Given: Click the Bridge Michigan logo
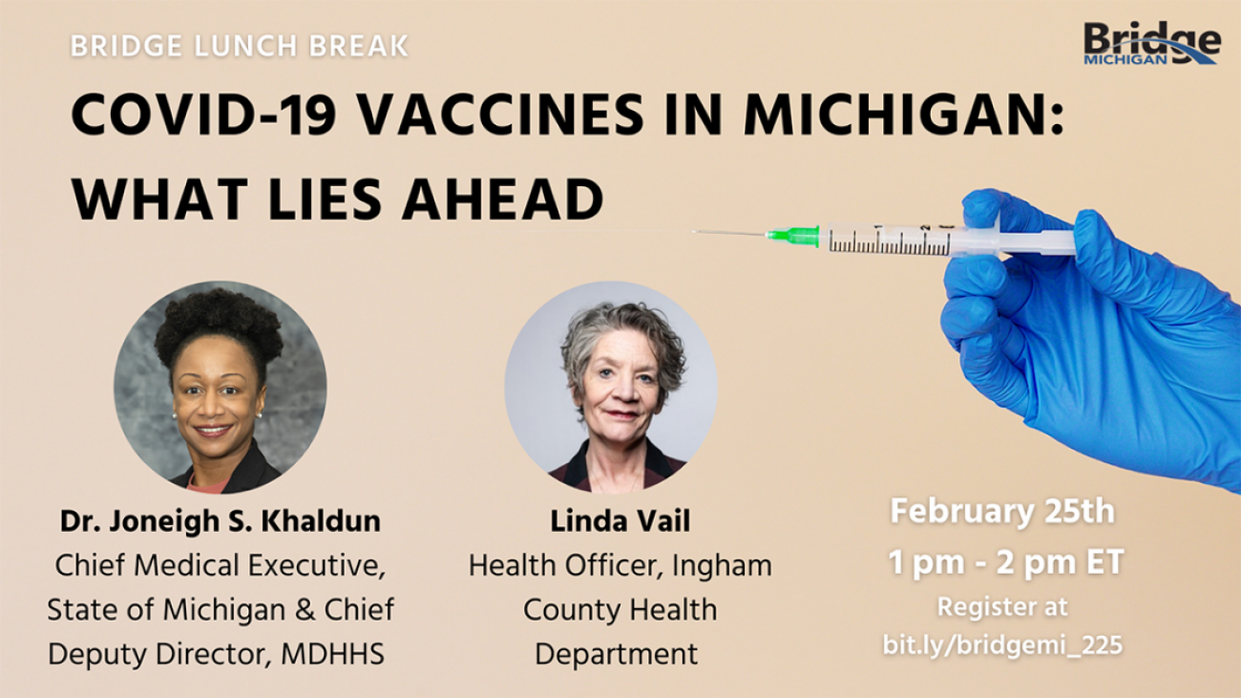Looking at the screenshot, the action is pos(1152,43).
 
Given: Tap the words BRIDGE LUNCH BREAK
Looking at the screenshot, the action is pos(240,46).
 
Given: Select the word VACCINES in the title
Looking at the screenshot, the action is pos(502,115).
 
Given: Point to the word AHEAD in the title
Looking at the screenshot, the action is pos(503,199).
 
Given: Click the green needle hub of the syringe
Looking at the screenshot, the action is pos(793,236).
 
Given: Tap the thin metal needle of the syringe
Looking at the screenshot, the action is pos(729,232).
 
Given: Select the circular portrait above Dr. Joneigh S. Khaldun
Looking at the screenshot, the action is pos(220,388).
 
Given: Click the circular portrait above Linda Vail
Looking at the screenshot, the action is pos(611,388).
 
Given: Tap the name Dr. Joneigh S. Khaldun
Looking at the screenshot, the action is pos(221,520).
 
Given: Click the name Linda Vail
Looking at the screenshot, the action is pos(620,520).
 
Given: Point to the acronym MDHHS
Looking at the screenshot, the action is pos(332,654).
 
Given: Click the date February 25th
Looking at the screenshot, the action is pos(1002,512).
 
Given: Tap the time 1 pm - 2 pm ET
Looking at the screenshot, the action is pos(1006,562).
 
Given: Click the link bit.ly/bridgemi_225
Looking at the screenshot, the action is pos(1002,645).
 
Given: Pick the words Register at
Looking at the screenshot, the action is pos(1002,607).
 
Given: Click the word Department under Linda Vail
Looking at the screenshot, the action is pos(616,655).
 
